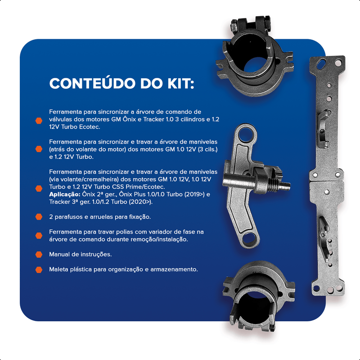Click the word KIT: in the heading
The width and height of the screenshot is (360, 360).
pos(181,84)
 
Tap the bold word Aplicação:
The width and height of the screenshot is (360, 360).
pos(65,194)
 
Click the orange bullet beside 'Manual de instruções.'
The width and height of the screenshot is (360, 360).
pos(39,254)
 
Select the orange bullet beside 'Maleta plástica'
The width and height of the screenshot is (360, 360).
pos(39,270)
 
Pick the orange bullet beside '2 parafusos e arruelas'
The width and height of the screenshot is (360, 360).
pos(39,217)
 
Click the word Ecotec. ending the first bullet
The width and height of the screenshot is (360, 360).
pos(90,127)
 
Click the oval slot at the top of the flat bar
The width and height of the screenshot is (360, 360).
pos(321,64)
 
